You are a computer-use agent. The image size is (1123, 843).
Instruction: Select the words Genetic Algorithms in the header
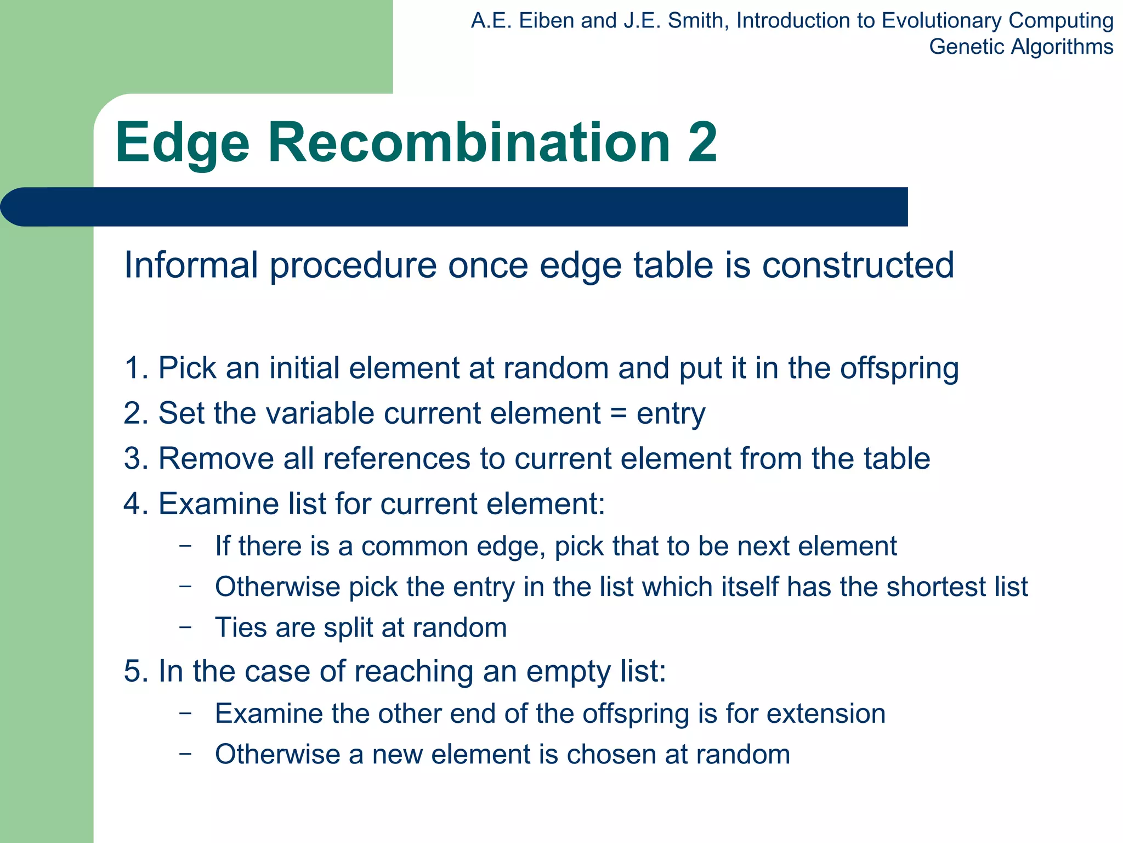pos(1020,47)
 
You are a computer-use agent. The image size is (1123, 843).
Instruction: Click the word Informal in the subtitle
pos(191,265)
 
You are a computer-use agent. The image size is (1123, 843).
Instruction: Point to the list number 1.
pos(133,368)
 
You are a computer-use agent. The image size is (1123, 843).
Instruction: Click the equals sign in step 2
pos(618,413)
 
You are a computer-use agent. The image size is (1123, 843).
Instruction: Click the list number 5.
pos(133,671)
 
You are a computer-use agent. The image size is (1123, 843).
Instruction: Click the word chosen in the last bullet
pos(611,755)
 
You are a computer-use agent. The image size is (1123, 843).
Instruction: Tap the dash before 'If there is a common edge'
pos(185,546)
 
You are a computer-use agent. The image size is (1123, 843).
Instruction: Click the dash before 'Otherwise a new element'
pos(185,754)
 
